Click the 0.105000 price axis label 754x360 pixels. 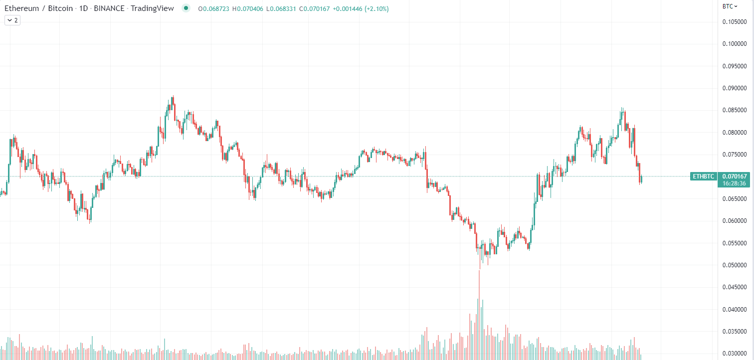point(735,22)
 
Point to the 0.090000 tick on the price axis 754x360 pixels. point(735,88)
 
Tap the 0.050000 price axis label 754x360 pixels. point(735,265)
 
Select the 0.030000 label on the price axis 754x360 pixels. point(735,354)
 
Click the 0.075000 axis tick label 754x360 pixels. point(735,155)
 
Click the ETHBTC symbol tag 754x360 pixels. point(704,177)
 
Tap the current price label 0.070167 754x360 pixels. point(735,177)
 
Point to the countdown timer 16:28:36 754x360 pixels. point(734,183)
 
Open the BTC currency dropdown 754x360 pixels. point(730,6)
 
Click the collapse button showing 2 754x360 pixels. point(12,20)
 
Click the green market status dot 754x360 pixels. point(186,8)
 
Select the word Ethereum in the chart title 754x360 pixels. point(21,8)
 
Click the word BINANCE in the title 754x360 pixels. point(109,8)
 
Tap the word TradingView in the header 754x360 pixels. point(152,8)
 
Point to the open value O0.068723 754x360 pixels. point(213,9)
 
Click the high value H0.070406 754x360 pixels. point(248,9)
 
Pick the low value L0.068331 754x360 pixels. point(281,9)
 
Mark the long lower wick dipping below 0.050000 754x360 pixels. point(480,259)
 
